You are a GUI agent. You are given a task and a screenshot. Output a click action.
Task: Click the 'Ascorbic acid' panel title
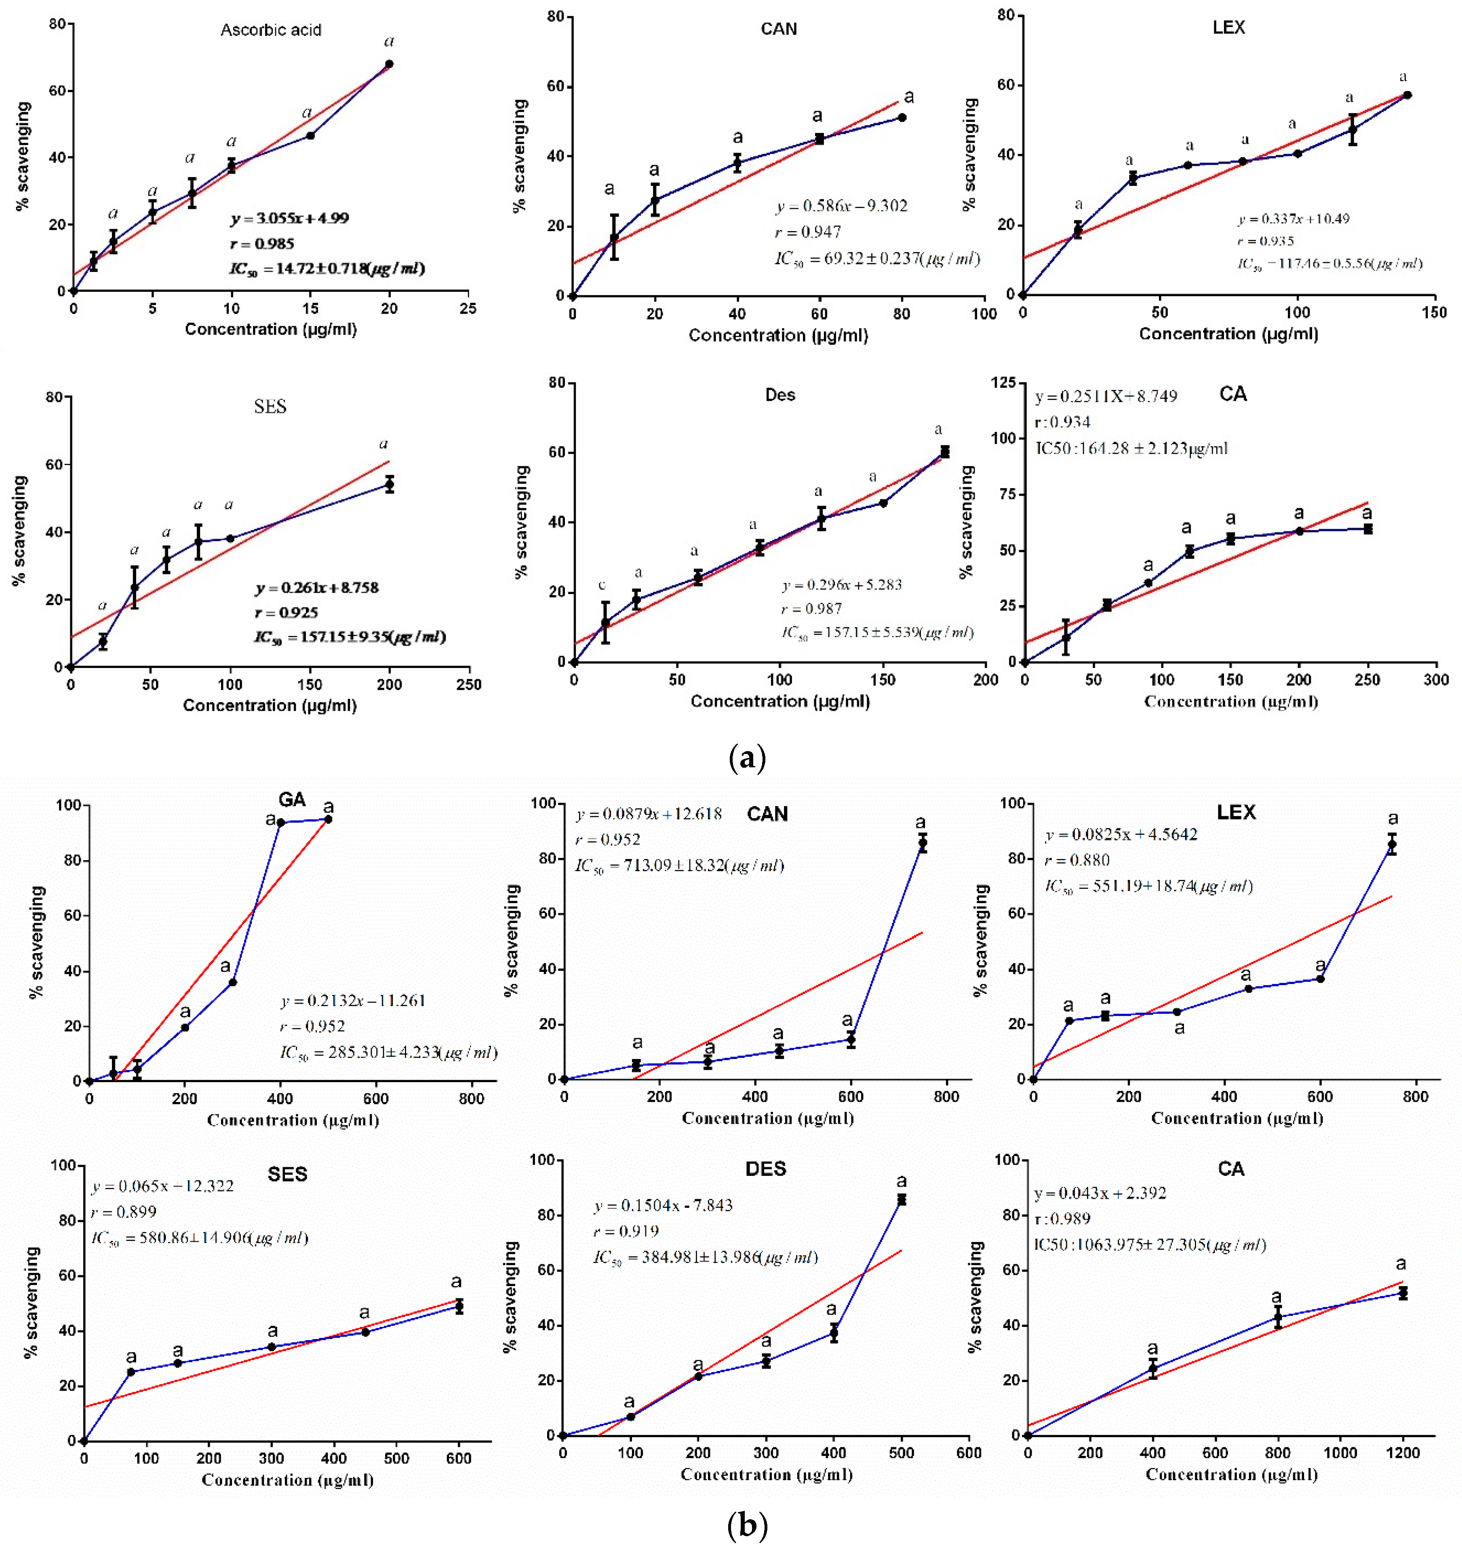(270, 30)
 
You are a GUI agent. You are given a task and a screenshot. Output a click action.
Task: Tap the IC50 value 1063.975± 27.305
(1149, 1244)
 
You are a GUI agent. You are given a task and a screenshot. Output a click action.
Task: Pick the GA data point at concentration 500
(329, 819)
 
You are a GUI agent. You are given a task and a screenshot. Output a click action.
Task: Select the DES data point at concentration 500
(902, 1200)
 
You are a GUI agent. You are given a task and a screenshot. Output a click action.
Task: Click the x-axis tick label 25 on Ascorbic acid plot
(468, 309)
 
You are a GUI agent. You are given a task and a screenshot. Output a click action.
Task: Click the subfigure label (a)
(747, 758)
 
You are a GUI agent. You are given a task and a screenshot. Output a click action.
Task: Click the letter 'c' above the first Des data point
(602, 585)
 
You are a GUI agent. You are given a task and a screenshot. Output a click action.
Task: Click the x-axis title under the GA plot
(293, 1120)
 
